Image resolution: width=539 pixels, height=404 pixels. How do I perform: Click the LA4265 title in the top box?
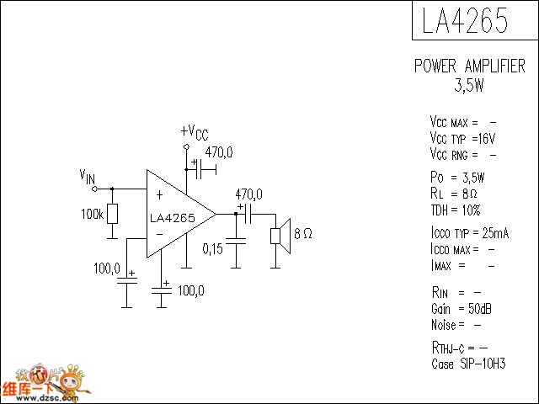point(465,21)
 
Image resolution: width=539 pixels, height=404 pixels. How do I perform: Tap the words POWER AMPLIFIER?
point(469,66)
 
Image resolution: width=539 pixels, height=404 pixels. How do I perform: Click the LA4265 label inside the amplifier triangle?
point(173,218)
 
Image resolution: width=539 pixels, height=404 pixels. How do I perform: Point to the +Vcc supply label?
point(194,132)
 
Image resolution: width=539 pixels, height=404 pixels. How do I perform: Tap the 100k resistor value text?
point(93,215)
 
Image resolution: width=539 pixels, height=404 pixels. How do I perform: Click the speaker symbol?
point(280,234)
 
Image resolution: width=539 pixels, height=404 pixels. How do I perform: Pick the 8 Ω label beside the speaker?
point(303,234)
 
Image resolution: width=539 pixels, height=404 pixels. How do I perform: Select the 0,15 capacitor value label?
point(213,248)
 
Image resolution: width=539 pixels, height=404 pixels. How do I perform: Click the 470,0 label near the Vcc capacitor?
point(219,152)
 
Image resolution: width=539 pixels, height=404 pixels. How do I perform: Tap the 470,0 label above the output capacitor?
point(248,194)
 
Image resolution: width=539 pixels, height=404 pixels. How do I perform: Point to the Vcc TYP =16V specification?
point(462,138)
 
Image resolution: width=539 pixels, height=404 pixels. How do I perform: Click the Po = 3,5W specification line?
point(456,178)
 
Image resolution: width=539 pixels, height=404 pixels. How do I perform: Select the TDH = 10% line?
point(455,210)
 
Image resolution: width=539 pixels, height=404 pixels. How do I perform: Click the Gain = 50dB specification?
point(461,309)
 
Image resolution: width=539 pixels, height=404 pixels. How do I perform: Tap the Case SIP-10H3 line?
point(468,364)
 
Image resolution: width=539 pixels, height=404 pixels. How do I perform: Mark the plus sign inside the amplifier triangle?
point(159,195)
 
